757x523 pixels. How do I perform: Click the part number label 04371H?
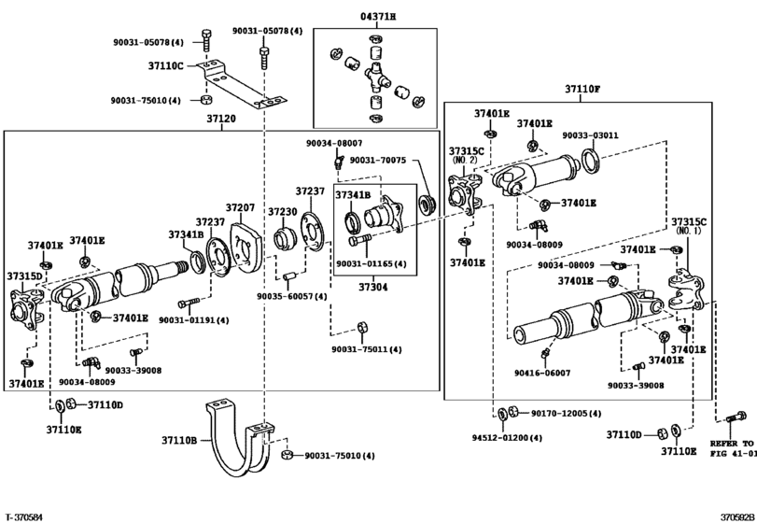[x=377, y=17]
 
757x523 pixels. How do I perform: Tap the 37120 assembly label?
[x=221, y=118]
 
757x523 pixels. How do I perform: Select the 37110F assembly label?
[x=582, y=89]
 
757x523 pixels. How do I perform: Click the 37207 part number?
[x=240, y=207]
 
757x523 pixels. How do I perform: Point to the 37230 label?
[x=283, y=211]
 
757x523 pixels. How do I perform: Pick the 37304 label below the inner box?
[x=372, y=287]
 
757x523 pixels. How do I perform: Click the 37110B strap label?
[x=179, y=440]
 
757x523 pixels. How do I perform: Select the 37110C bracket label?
[x=165, y=65]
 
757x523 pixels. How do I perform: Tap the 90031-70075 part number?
[x=378, y=160]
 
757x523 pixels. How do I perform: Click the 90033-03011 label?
[x=590, y=135]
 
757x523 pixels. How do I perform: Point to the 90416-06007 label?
[x=542, y=373]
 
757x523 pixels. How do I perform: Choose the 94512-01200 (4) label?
[x=507, y=438]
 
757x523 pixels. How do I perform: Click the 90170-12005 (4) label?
[x=567, y=414]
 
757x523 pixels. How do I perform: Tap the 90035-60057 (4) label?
[x=291, y=296]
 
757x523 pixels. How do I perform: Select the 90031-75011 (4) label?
[x=367, y=349]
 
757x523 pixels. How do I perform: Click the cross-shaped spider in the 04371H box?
[x=375, y=77]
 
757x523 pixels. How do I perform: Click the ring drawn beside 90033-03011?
[x=590, y=161]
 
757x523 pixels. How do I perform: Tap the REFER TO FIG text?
[x=733, y=448]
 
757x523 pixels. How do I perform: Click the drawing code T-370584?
[x=24, y=517]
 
